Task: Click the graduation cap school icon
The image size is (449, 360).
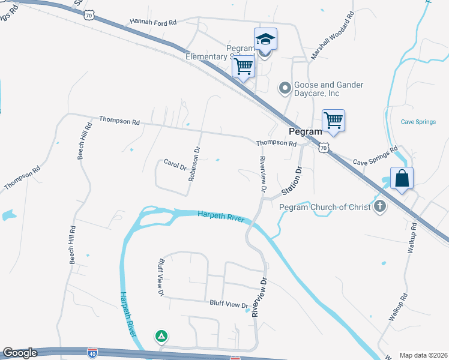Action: tap(265, 40)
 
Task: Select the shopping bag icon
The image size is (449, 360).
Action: tap(402, 178)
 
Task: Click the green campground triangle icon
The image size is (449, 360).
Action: tap(161, 336)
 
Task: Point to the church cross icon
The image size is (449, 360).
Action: tap(379, 207)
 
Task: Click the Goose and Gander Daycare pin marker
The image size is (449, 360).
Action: tap(285, 89)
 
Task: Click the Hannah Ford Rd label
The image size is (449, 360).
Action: tap(153, 22)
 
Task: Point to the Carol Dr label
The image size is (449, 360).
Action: tap(175, 164)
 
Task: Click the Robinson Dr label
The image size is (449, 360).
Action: tap(194, 163)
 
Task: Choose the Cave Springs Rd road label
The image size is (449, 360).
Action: tap(376, 156)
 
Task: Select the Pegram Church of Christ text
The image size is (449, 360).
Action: tap(324, 208)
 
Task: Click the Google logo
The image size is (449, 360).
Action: tap(20, 353)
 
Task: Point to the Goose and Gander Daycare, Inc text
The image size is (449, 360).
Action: tap(328, 89)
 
